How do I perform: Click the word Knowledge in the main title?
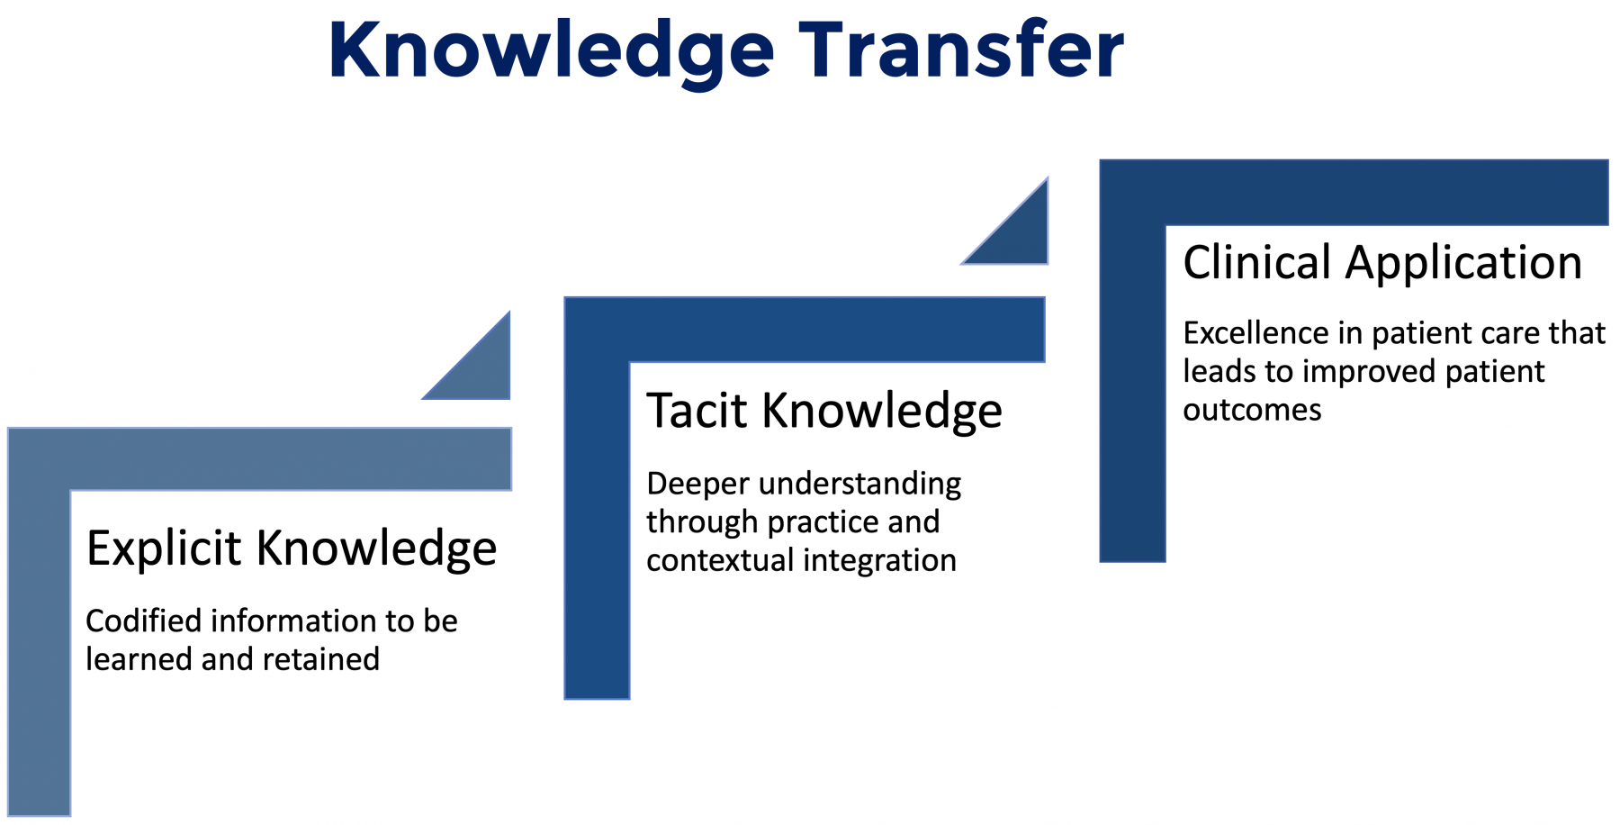click(552, 50)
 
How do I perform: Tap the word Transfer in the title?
click(961, 49)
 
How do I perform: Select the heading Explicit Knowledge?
click(292, 548)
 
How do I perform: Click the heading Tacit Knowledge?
click(824, 412)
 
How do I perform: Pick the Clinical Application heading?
click(1382, 263)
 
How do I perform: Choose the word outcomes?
click(1252, 411)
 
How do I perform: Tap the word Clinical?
click(1256, 263)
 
